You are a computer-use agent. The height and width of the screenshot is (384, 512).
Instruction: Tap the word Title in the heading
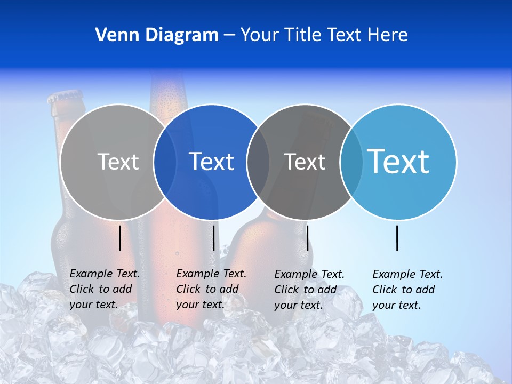(x=303, y=35)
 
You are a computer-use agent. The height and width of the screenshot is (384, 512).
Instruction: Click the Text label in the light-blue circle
(x=398, y=162)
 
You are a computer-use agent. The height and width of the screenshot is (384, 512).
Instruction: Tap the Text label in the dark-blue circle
(x=212, y=162)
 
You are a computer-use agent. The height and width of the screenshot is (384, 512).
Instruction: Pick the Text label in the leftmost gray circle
(x=118, y=162)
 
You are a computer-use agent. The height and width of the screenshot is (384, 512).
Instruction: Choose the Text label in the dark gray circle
(x=305, y=162)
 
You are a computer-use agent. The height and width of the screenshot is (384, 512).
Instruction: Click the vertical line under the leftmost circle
(x=120, y=238)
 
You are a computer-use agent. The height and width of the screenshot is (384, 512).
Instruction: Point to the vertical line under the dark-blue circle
(x=213, y=238)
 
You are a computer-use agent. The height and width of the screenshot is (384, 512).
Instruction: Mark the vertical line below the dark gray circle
(x=307, y=238)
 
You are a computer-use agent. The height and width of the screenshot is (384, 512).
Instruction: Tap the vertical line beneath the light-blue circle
(x=397, y=238)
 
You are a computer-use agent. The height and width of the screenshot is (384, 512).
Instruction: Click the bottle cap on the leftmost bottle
(x=65, y=98)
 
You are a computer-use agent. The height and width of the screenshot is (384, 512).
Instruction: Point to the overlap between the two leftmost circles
(x=165, y=162)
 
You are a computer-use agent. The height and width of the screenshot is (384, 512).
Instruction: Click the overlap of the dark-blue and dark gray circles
(x=258, y=162)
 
